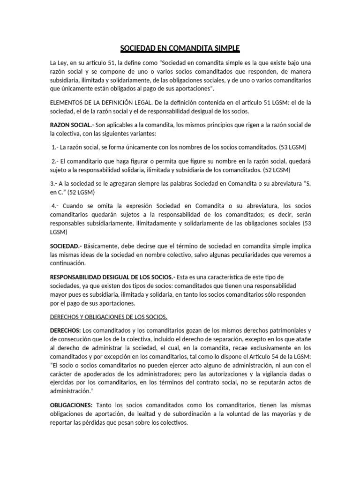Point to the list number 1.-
(56, 147)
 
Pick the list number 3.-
(54, 183)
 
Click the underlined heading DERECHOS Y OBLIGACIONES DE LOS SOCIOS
(109, 316)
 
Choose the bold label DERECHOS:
(66, 331)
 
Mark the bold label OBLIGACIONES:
(72, 405)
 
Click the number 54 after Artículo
(274, 357)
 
